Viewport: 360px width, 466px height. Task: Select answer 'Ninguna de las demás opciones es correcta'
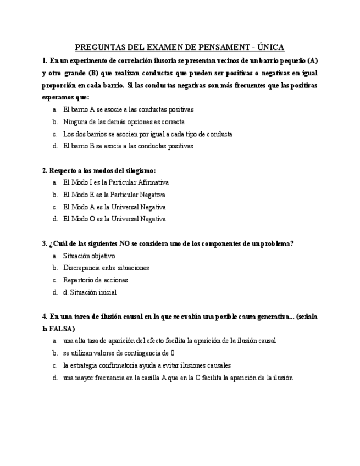click(124, 122)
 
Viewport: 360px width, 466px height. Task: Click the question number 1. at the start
click(45, 60)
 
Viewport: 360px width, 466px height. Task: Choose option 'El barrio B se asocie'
click(128, 146)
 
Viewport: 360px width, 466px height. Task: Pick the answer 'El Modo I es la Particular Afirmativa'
click(115, 182)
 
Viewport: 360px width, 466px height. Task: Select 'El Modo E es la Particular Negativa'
click(114, 195)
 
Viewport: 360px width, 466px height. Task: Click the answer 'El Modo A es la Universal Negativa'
click(114, 207)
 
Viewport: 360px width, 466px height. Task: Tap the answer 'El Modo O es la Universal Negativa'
click(114, 219)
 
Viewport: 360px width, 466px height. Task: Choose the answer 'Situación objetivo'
click(89, 256)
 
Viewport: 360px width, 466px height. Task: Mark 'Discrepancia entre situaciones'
click(106, 268)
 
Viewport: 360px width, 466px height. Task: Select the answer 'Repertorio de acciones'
click(96, 280)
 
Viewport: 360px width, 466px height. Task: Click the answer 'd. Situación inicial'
click(90, 292)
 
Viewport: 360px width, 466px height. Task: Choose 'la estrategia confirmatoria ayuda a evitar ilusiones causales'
click(147, 365)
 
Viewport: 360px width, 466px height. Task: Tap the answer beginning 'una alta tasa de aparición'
click(169, 341)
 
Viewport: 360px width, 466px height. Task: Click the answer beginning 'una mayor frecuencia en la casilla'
click(178, 378)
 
